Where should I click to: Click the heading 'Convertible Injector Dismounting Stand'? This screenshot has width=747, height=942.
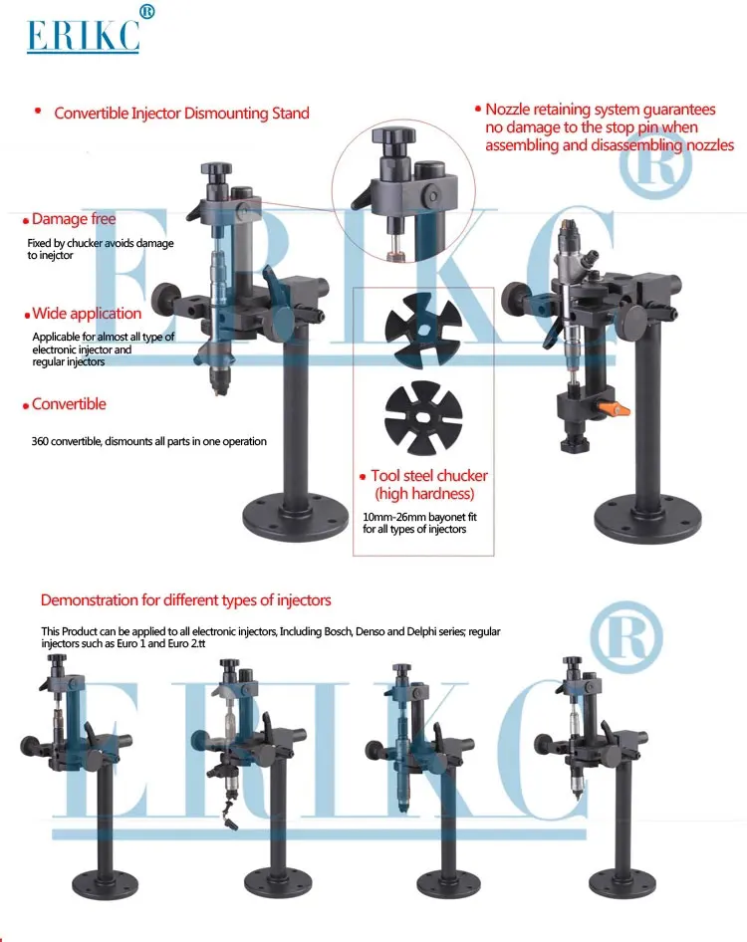(181, 114)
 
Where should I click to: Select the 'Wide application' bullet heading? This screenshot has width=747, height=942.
(86, 314)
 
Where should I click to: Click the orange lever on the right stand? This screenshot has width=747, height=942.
(618, 409)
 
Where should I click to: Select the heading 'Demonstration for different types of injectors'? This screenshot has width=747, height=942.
(185, 600)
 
